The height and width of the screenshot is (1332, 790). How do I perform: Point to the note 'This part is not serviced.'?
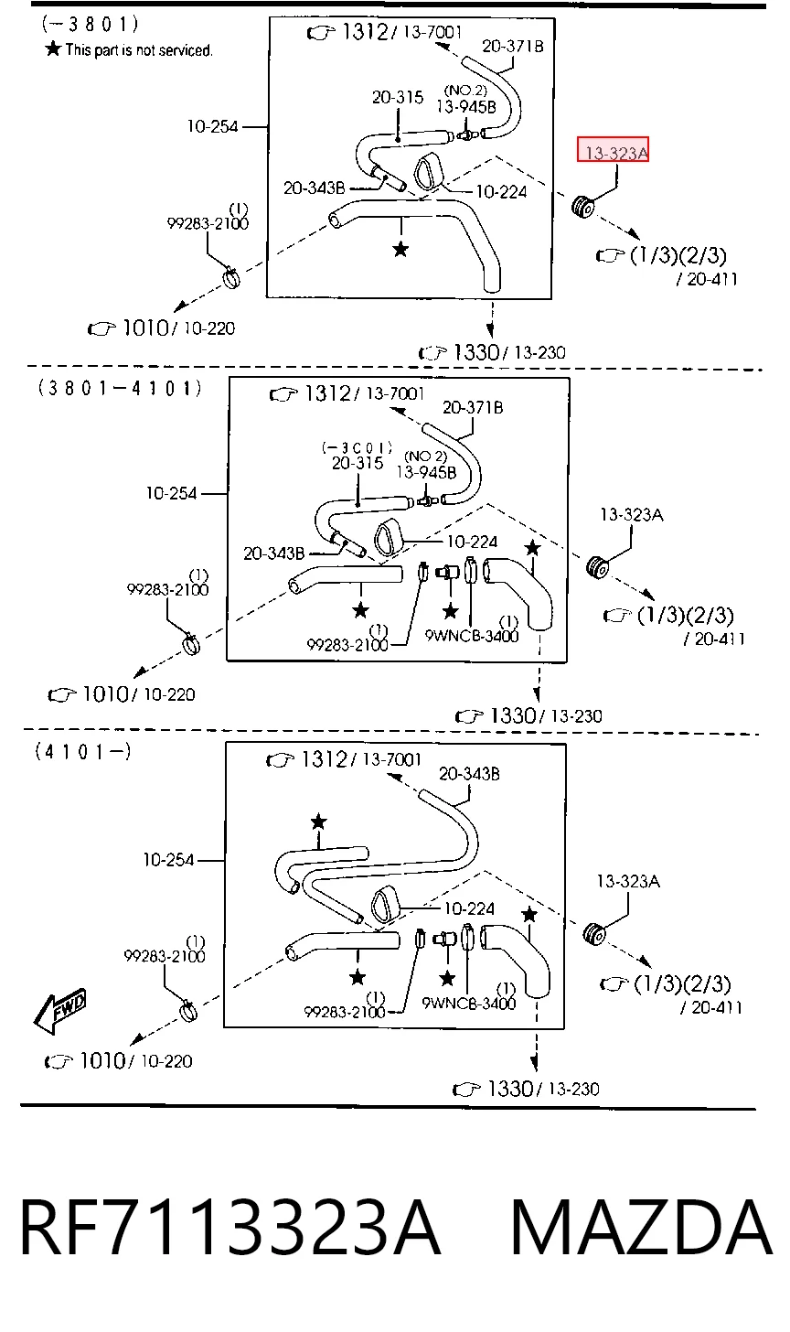coord(129,49)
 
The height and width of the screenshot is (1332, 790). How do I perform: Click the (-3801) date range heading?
coord(91,24)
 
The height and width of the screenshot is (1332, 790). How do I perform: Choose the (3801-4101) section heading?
coord(120,388)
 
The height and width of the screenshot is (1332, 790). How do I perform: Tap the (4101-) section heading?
coord(83,752)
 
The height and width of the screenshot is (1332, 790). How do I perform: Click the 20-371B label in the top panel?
coord(512,46)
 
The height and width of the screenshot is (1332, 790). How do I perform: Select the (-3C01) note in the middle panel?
coord(358,446)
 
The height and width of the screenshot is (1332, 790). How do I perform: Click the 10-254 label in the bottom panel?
coord(169,859)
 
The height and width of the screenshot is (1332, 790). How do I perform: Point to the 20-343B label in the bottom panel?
coord(469,773)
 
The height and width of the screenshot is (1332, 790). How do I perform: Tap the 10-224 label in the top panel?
coord(502,191)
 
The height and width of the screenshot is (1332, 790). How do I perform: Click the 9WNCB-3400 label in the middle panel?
coord(472,636)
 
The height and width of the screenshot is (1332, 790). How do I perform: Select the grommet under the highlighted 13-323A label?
coord(583,206)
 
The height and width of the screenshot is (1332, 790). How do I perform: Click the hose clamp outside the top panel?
coord(231,277)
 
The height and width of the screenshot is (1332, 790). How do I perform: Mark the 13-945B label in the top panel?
coord(466,106)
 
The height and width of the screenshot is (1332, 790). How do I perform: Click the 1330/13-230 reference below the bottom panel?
coord(526,1089)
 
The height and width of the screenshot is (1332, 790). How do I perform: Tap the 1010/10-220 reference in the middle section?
coord(122,693)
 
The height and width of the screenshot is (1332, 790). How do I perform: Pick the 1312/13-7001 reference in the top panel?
coord(385,31)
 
